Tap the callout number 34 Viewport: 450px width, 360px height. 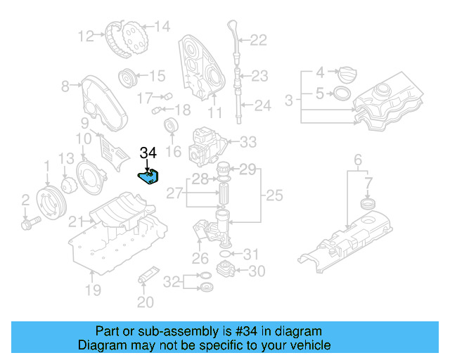[148, 153]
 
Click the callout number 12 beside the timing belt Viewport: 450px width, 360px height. [86, 36]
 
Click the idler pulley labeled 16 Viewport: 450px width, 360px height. [171, 128]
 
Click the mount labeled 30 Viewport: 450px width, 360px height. [226, 270]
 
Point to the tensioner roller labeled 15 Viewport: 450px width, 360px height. [128, 76]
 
